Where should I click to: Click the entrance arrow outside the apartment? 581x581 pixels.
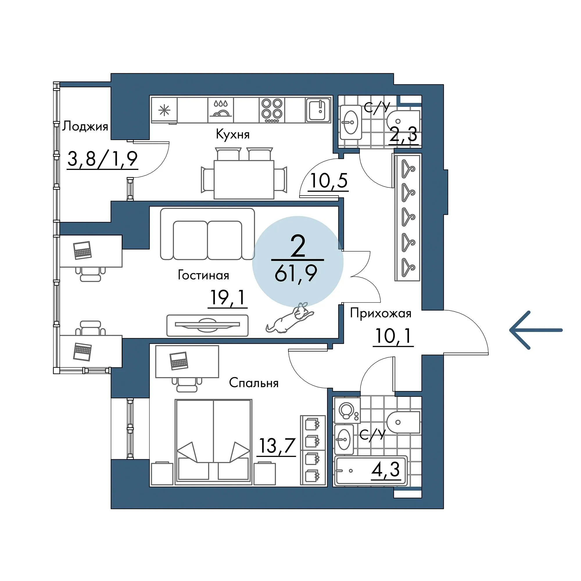(x=536, y=330)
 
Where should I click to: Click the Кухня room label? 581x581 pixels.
(x=233, y=134)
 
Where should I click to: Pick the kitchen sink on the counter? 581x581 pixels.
(x=318, y=110)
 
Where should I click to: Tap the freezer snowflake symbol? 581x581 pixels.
(x=164, y=110)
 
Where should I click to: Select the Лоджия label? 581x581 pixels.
(x=85, y=126)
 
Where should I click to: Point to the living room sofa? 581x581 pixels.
(x=207, y=234)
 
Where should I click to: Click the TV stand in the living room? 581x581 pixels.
(x=207, y=325)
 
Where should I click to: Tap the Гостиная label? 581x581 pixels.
(x=204, y=275)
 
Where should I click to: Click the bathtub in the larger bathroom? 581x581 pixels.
(x=371, y=471)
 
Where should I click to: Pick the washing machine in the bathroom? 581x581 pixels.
(x=347, y=410)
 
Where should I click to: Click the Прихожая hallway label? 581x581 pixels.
(x=381, y=313)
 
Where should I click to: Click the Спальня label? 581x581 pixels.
(x=254, y=383)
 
